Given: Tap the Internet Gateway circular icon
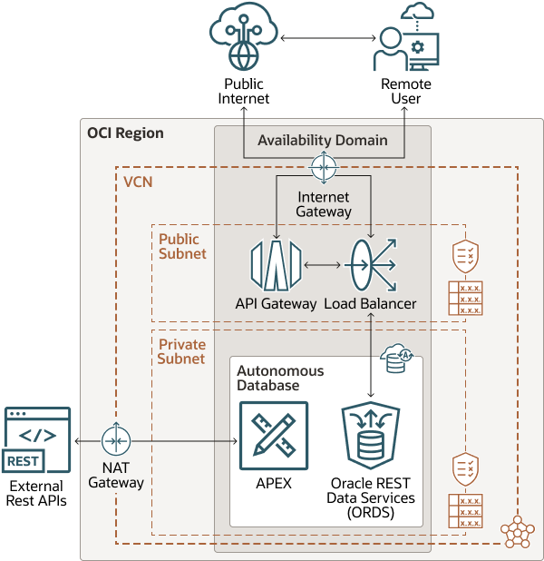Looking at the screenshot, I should click(323, 167).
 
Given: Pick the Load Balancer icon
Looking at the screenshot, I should click(369, 265).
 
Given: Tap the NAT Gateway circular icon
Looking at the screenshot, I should click(116, 440).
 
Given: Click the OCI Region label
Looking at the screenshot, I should click(125, 133).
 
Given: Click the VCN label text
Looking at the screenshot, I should click(139, 181).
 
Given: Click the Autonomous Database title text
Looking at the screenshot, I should click(280, 378).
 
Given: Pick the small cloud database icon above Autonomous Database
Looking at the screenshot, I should click(397, 358).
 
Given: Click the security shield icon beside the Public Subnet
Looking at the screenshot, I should click(464, 257).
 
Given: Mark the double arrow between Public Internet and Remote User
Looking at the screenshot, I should click(328, 38).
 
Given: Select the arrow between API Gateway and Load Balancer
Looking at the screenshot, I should click(322, 265).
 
